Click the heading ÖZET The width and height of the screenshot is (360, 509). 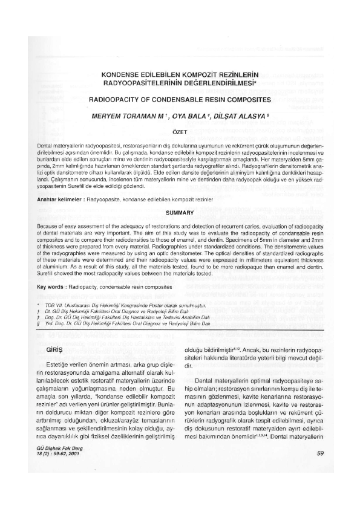180,131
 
